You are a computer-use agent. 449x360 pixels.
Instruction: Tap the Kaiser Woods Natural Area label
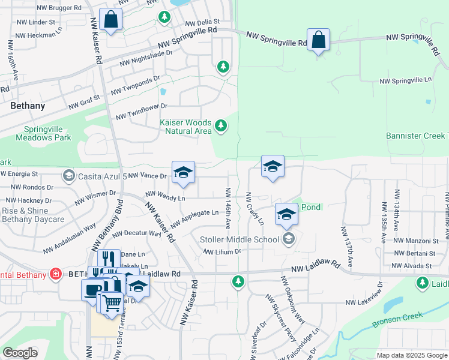pos(185,127)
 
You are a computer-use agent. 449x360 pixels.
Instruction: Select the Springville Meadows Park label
pos(47,133)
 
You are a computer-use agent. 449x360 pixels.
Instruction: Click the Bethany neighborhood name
pos(28,106)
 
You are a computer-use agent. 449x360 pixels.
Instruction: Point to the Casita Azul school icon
pos(68,176)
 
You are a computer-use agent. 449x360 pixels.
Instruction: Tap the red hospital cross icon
pos(56,274)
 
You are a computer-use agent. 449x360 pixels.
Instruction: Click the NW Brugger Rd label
pos(59,8)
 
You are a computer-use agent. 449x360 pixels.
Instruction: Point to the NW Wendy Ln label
pos(165,196)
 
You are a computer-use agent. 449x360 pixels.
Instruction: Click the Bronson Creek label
pos(397,319)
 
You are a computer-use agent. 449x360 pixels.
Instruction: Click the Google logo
pos(20,353)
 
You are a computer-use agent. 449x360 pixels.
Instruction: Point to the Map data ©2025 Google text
pos(411,355)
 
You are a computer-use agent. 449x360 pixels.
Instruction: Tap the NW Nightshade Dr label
pos(146,58)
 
